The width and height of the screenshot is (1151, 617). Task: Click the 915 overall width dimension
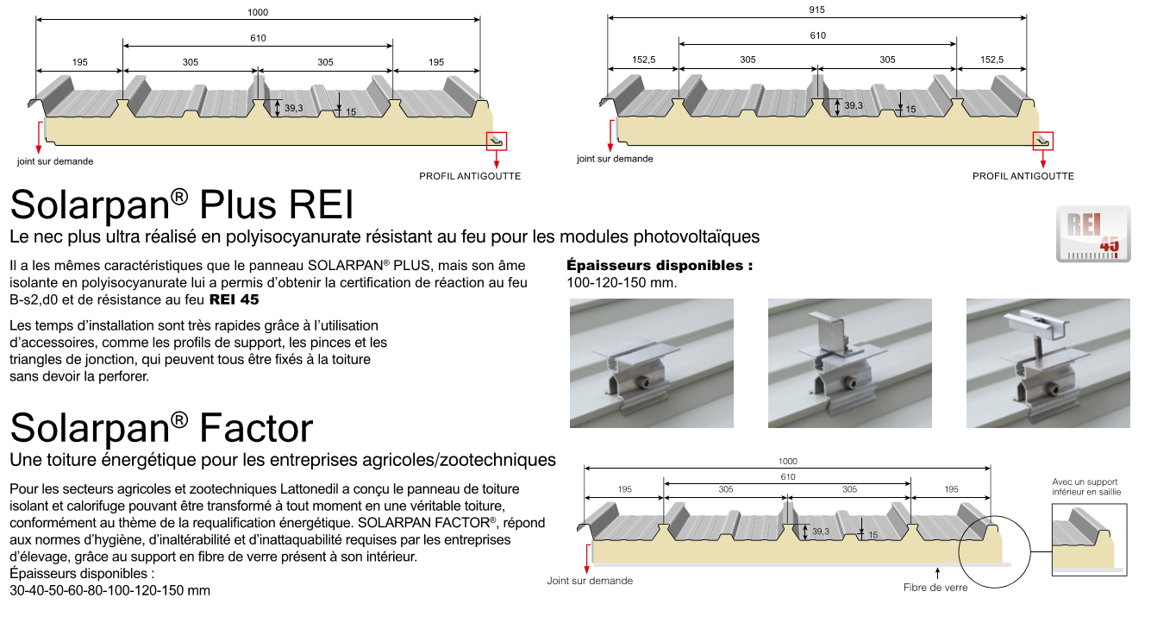pos(817,9)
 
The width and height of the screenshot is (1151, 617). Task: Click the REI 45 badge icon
pos(1092,234)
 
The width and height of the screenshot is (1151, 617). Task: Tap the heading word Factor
pos(256,428)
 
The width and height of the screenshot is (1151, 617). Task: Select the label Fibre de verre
pos(935,588)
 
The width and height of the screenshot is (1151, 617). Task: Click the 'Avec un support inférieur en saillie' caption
pos(1085,488)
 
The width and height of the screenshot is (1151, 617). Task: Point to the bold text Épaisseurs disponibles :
pos(660,266)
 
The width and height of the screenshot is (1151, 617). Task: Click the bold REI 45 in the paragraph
pos(234,300)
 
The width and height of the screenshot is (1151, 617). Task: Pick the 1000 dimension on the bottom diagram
pos(788,461)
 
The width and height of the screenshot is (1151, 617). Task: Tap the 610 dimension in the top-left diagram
pos(258,37)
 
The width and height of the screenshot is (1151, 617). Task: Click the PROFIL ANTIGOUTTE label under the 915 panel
pos(1023,176)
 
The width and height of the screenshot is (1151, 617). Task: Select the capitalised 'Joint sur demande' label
pos(590,581)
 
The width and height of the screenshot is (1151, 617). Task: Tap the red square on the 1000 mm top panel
pos(497,141)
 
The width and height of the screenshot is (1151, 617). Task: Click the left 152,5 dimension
pos(643,60)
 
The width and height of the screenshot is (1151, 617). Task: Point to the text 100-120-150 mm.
pos(622,283)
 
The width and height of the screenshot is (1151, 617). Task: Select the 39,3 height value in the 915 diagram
pos(854,105)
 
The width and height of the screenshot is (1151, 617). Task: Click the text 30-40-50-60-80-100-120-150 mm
pos(109,591)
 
